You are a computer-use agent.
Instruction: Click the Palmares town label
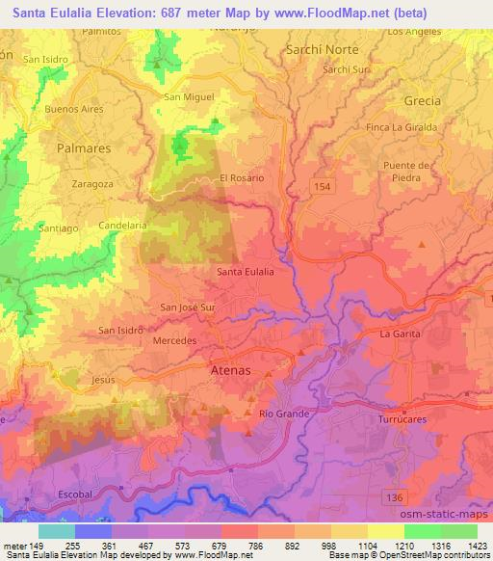click(85, 150)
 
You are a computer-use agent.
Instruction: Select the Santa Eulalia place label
click(246, 272)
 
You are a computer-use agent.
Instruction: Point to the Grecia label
click(423, 100)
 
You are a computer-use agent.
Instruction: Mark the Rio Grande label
click(283, 414)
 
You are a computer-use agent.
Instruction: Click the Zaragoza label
click(93, 181)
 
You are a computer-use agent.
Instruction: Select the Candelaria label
click(122, 226)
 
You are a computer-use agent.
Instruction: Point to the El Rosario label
click(242, 178)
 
